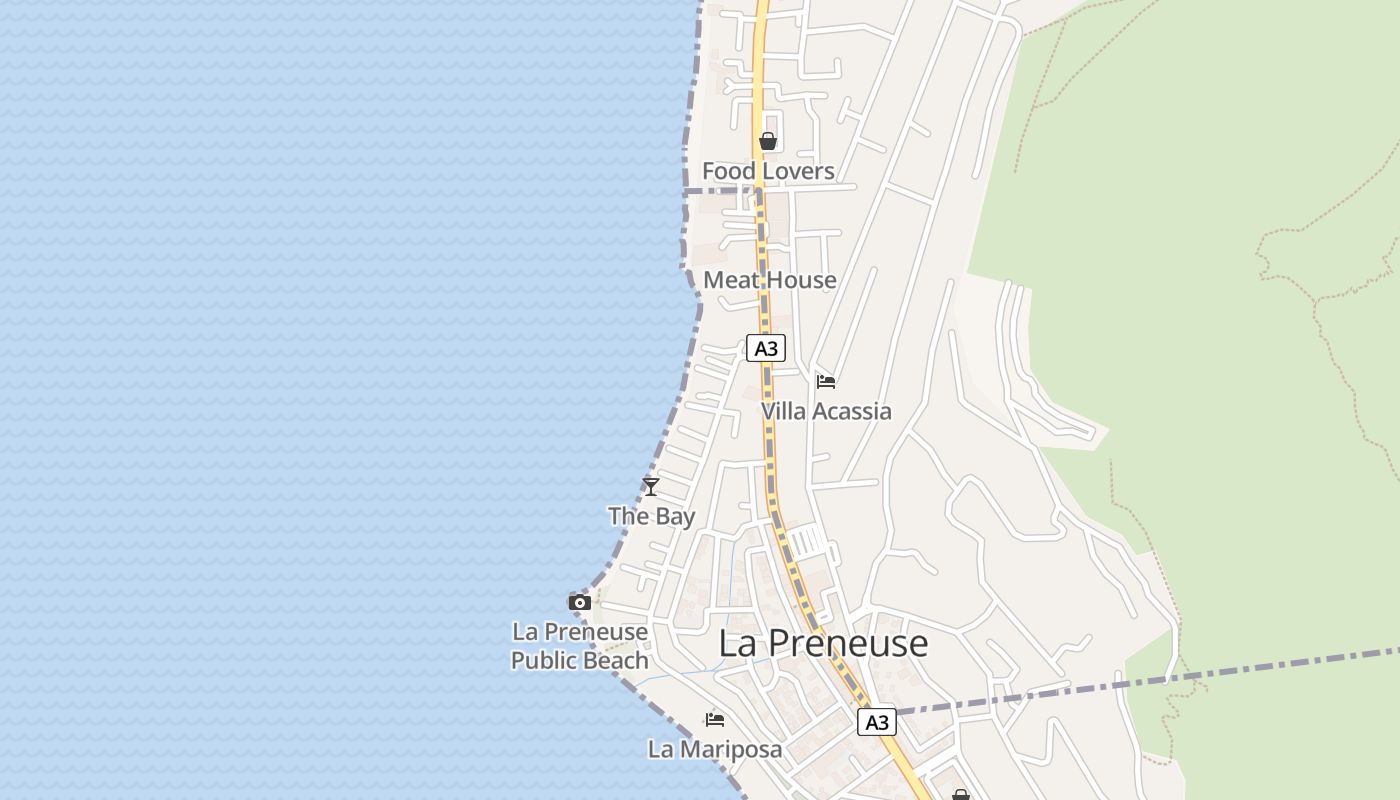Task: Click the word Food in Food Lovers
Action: [x=729, y=171]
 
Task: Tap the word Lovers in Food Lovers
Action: [x=796, y=171]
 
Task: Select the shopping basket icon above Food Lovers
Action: [x=767, y=141]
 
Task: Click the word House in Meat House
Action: [x=797, y=280]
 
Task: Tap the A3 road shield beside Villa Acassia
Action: [x=765, y=348]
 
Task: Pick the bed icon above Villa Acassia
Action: [x=826, y=381]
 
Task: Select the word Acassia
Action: [x=852, y=411]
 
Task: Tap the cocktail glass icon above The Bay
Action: [x=651, y=487]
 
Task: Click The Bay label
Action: [x=652, y=516]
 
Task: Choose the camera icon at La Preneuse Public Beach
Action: [x=579, y=602]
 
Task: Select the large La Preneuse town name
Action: [x=823, y=643]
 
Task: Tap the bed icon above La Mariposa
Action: [x=714, y=719]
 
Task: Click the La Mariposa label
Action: [x=715, y=748]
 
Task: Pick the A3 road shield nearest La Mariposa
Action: [x=876, y=722]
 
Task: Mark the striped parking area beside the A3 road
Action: [x=808, y=541]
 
